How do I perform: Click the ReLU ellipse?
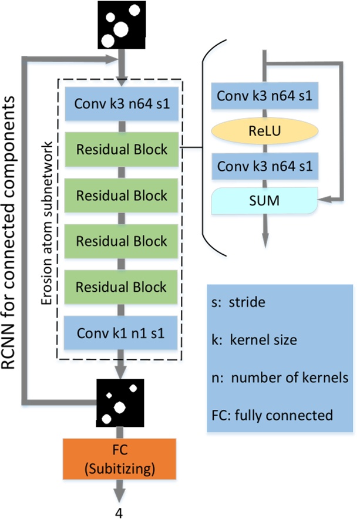[x=265, y=131]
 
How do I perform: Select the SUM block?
[x=264, y=201]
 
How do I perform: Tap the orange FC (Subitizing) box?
[x=120, y=459]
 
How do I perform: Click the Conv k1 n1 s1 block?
[x=121, y=333]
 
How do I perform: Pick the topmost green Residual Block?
[x=122, y=149]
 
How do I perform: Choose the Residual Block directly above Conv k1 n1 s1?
[x=121, y=287]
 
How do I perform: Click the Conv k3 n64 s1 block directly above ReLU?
[x=265, y=96]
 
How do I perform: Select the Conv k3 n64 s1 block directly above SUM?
[x=265, y=166]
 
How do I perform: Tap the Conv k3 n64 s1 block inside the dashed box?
[x=122, y=103]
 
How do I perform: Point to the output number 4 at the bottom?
[x=119, y=513]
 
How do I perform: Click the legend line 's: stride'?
[x=238, y=302]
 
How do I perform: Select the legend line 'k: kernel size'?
[x=254, y=340]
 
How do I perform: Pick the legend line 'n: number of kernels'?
[x=280, y=378]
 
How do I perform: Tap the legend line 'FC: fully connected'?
[x=272, y=416]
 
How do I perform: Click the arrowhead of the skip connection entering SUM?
[x=324, y=200]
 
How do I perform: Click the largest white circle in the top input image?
[x=120, y=29]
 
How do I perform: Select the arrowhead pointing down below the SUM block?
[x=265, y=240]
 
